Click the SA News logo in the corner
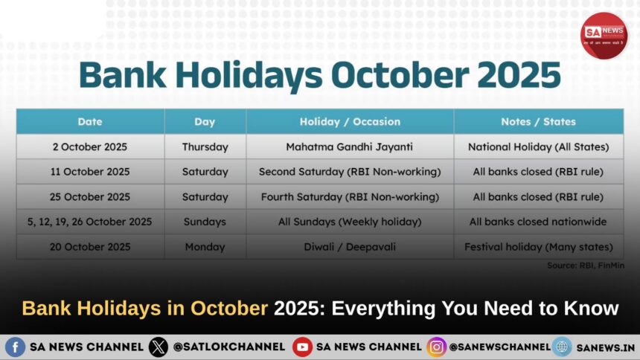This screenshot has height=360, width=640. click(604, 35)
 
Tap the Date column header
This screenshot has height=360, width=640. click(90, 121)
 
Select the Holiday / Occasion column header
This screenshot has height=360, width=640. click(350, 121)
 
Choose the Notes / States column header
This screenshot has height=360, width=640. click(538, 121)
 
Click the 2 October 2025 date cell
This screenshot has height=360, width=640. click(90, 147)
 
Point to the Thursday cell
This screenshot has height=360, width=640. click(205, 147)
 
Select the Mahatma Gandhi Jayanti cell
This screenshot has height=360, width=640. click(350, 147)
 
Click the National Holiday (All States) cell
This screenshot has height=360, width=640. click(538, 147)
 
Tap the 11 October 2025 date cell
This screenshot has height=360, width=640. click(90, 172)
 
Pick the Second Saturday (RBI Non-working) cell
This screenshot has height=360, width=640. click(350, 172)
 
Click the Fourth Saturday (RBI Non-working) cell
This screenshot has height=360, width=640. click(350, 197)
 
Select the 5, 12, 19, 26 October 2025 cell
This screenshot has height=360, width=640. click(90, 222)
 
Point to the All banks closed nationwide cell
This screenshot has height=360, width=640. click(538, 222)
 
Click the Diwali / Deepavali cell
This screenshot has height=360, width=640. click(350, 246)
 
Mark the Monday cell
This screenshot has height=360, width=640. click(205, 246)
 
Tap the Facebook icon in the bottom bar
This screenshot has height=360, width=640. click(15, 347)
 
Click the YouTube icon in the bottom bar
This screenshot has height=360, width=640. click(302, 347)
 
